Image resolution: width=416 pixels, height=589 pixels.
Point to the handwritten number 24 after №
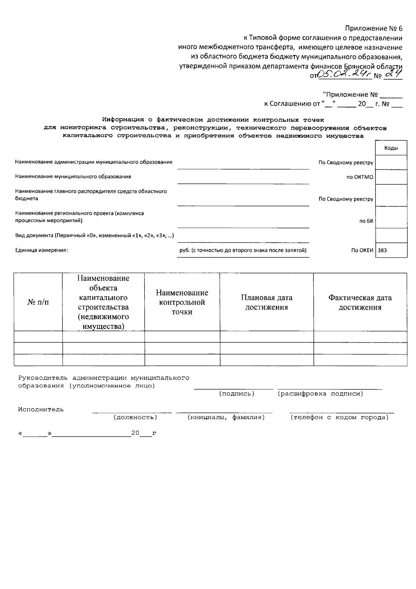tap(393, 74)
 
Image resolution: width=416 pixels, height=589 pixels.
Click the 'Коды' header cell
tap(391, 148)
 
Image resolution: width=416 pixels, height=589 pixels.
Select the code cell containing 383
tap(391, 250)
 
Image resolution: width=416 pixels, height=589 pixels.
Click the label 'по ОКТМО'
tap(360, 177)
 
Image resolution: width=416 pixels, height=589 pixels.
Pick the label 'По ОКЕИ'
tap(362, 250)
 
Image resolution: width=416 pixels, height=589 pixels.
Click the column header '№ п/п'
tap(38, 302)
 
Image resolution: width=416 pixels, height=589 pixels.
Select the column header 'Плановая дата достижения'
tap(267, 302)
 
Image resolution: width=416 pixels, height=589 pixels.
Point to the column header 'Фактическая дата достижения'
tap(360, 302)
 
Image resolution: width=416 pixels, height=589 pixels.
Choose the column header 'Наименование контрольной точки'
tap(182, 302)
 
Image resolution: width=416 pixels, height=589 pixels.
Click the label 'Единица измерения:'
tap(42, 250)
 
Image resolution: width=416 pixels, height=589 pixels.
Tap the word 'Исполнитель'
tap(41, 409)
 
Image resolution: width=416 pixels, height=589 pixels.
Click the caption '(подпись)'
tap(236, 394)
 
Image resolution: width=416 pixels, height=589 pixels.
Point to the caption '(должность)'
tap(135, 417)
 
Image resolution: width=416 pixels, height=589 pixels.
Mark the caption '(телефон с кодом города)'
tap(339, 417)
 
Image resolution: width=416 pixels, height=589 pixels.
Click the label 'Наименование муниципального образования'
tap(73, 177)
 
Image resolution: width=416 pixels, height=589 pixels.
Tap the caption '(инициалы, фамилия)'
tap(226, 417)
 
